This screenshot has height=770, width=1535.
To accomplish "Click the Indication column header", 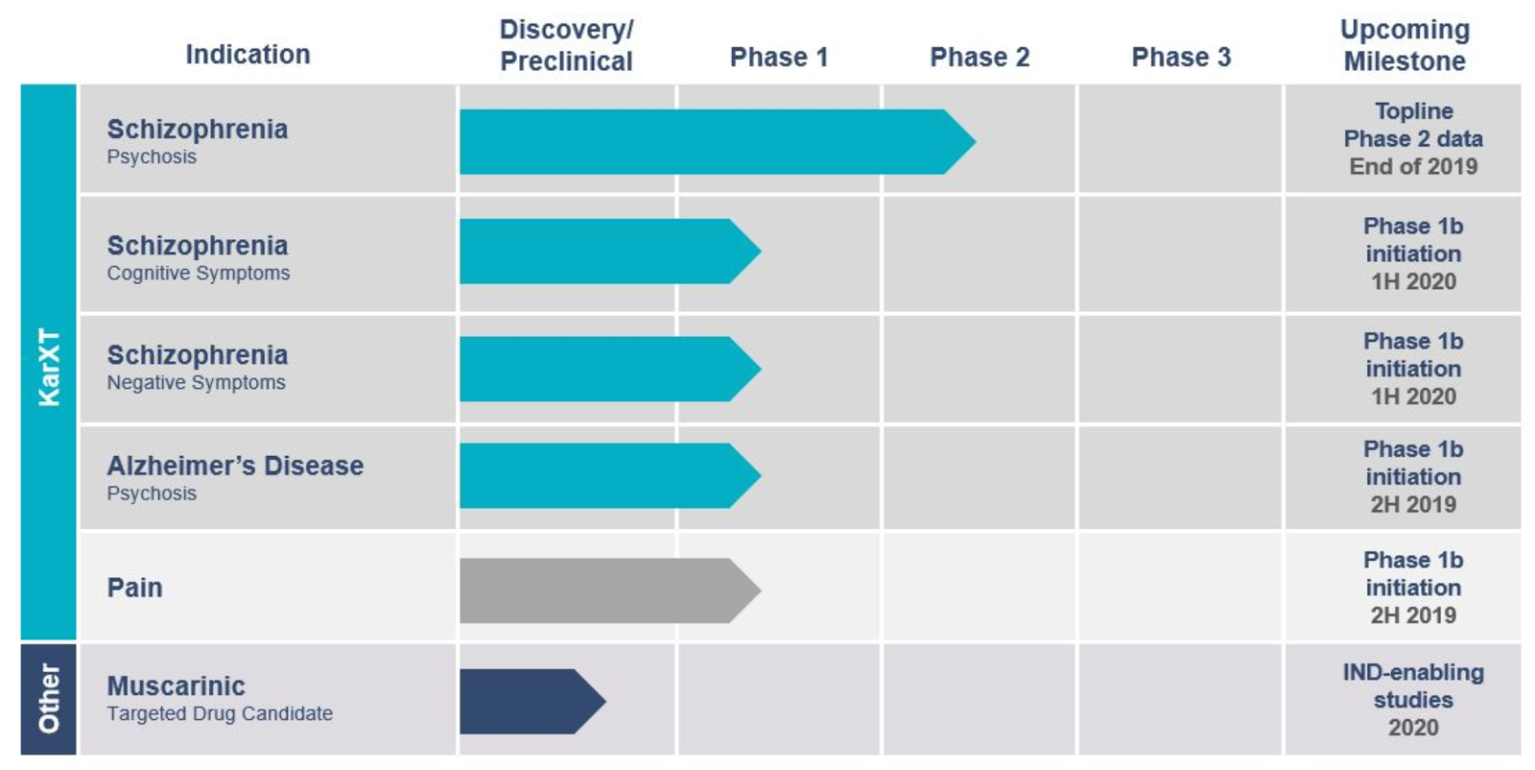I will click(248, 55).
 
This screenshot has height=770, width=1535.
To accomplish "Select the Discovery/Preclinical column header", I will click(566, 45).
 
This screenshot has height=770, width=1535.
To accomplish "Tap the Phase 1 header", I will click(778, 58).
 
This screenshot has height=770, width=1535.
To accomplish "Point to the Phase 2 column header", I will click(979, 58).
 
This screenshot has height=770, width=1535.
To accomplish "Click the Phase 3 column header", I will click(1180, 58).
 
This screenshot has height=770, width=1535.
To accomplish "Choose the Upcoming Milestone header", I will click(1405, 45).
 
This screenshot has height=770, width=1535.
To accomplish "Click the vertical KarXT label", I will click(49, 366).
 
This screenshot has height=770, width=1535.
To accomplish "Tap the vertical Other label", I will click(49, 698).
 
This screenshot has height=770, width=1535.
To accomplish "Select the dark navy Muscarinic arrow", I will click(528, 701).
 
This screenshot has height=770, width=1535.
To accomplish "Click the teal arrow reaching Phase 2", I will click(710, 141).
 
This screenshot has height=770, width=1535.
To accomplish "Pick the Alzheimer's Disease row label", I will click(235, 467).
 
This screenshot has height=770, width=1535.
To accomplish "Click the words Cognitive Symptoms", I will click(199, 274).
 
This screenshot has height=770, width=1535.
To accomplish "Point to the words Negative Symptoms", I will click(197, 383).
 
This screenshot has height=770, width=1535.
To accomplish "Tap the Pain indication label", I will click(134, 588).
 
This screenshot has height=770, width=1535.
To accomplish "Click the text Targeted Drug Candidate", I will click(220, 714).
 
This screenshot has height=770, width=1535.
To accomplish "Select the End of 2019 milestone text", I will click(1413, 167).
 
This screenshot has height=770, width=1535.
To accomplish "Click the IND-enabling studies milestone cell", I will click(1412, 699).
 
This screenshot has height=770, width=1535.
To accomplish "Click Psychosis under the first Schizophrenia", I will click(152, 157).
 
